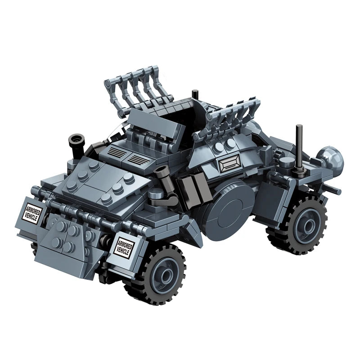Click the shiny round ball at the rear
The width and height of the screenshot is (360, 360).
point(331,158)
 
